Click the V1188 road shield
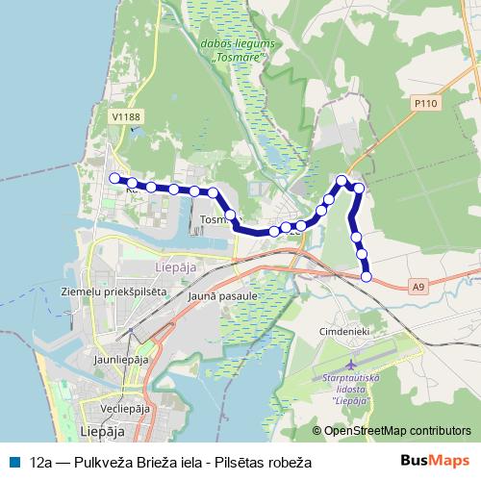tap(126, 117)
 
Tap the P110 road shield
tap(424, 101)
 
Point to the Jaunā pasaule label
tap(223, 296)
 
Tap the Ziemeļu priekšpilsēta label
tap(114, 291)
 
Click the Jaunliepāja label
tap(121, 360)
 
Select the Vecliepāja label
tap(117, 408)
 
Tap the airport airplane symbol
tap(352, 366)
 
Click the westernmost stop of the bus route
tap(114, 178)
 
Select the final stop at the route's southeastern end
tap(366, 277)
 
